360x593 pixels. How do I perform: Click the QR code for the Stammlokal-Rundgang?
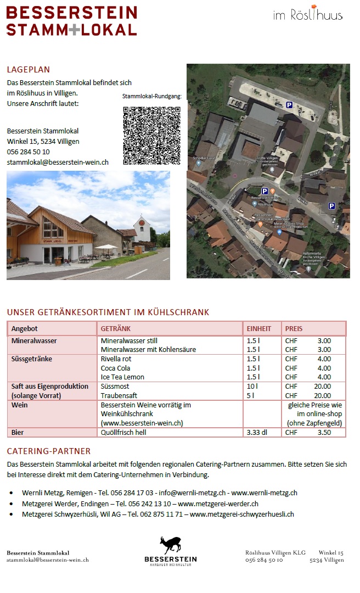tap(151, 136)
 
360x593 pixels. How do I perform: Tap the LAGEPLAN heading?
tap(28, 70)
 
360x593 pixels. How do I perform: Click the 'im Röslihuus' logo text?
tap(307, 15)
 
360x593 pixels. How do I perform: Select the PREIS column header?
tap(294, 328)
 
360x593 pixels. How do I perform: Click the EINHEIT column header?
tap(259, 328)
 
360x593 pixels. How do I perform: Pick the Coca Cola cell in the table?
tap(115, 368)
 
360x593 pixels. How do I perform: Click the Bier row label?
tap(18, 432)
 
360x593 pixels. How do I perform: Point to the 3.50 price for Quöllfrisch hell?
tap(324, 432)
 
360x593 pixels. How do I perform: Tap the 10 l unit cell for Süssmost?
tap(252, 386)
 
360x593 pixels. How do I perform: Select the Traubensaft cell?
tap(119, 395)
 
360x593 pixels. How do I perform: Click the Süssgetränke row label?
tap(32, 359)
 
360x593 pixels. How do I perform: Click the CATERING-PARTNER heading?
tap(48, 451)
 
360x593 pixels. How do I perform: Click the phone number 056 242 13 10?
tap(149, 504)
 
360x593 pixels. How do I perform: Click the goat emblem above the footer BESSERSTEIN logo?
tap(170, 545)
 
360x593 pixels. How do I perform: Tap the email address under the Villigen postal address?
tap(58, 163)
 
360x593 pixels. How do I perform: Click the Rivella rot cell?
tap(116, 359)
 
